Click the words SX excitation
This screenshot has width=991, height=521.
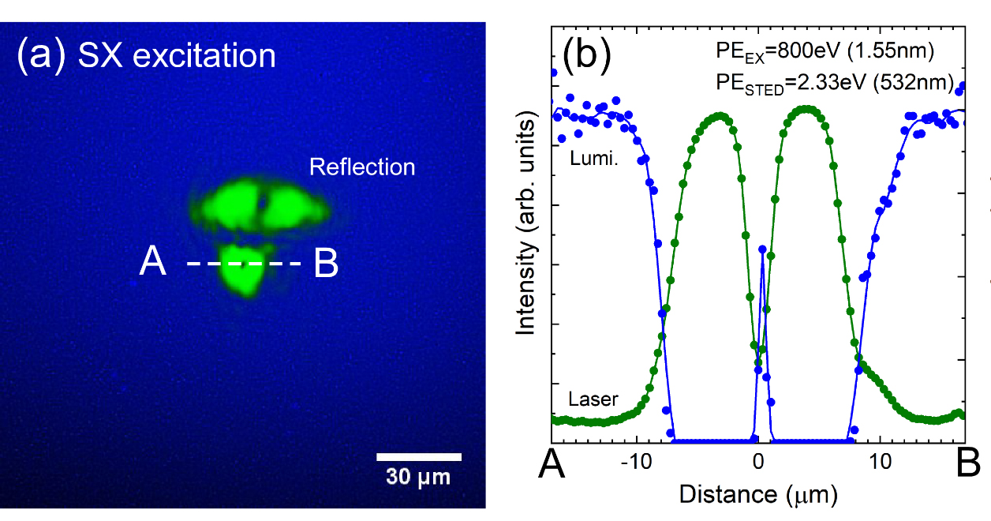point(177,57)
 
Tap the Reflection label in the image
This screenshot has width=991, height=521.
point(362,167)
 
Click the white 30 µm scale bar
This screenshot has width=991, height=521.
point(418,456)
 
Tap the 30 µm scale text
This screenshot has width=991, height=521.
point(418,476)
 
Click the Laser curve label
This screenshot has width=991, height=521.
point(593,399)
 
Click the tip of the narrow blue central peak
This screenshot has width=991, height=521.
point(761,248)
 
